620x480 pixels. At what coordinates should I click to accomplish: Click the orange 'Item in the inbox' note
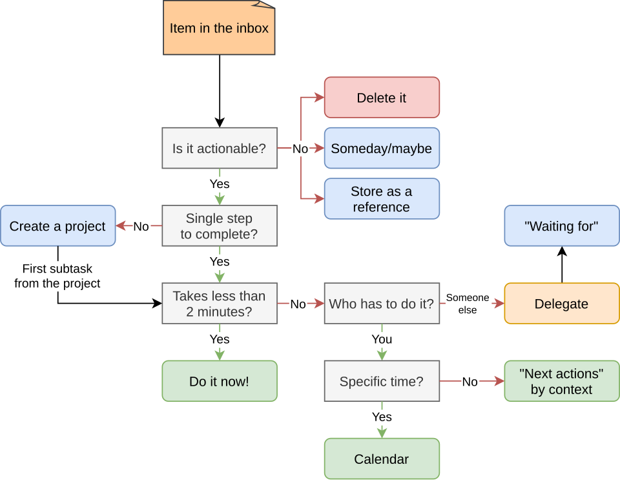219,28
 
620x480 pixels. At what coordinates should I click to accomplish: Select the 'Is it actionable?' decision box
220,148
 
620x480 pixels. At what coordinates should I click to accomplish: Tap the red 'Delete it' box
382,98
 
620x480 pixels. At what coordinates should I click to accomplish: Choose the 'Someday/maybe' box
382,148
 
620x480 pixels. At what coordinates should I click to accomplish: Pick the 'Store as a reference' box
382,198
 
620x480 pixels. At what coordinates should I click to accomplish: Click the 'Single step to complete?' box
220,225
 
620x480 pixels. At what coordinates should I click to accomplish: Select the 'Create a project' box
58,225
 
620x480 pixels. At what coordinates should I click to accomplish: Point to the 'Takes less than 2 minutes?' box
220,303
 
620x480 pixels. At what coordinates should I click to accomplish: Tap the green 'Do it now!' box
220,381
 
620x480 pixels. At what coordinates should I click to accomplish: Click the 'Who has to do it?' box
382,303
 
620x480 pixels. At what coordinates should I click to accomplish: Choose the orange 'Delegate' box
562,303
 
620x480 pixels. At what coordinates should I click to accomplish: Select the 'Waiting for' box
562,225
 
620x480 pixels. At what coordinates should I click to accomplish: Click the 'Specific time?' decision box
382,381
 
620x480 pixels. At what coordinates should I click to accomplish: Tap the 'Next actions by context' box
562,381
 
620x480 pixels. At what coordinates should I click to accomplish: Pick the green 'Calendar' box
382,459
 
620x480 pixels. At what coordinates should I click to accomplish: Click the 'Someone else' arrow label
468,304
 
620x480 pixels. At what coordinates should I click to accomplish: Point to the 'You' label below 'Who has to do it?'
382,339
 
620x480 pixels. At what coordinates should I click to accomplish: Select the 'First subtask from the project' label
57,276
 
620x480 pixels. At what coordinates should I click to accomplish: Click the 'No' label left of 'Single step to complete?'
141,227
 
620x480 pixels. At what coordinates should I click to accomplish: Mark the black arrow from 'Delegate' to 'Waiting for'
562,264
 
